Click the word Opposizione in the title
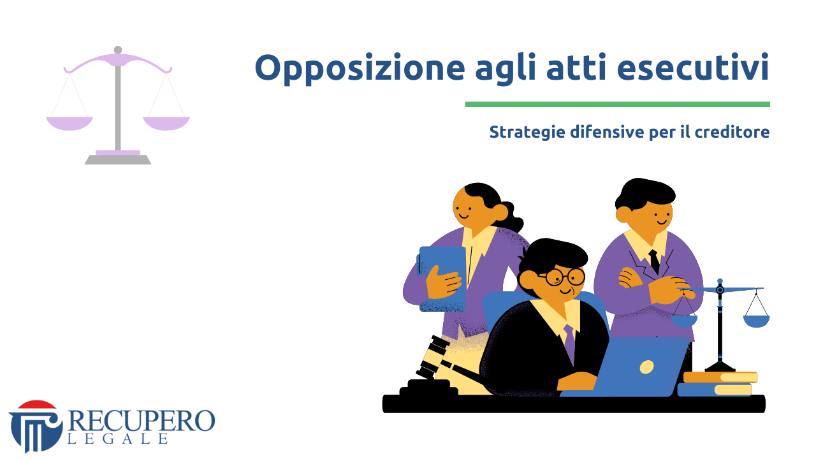[x=360, y=68]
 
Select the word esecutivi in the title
[x=693, y=68]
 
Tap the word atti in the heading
[x=576, y=67]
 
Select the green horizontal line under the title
[x=618, y=105]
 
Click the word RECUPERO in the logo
[x=142, y=421]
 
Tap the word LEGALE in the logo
[x=118, y=439]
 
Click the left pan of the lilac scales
[x=69, y=123]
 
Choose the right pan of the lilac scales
[x=166, y=123]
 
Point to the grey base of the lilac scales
[x=118, y=159]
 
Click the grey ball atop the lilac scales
[x=118, y=50]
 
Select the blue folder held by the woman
[x=442, y=279]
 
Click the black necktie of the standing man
[x=654, y=261]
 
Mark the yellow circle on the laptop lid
[x=646, y=367]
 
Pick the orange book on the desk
[x=720, y=377]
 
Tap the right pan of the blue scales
[x=756, y=321]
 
